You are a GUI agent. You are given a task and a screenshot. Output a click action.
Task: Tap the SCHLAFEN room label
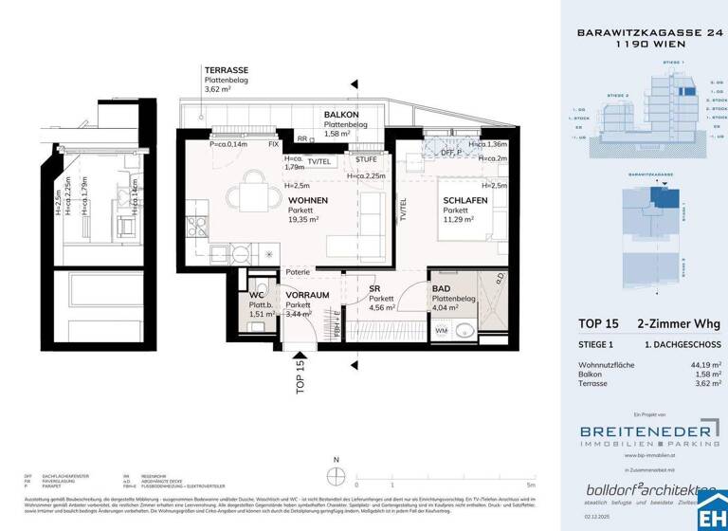[464, 200]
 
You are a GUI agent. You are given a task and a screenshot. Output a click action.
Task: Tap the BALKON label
[340, 113]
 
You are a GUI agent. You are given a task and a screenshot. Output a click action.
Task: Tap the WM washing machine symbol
[441, 329]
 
